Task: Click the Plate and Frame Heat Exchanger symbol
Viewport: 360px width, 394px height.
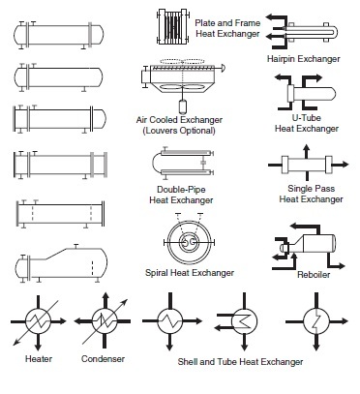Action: coord(171,26)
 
